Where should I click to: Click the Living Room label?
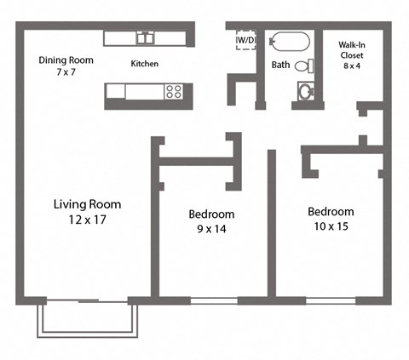click(87, 204)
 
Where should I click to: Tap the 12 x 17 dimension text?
click(87, 220)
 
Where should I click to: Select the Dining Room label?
click(66, 60)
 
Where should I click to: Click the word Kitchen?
click(144, 64)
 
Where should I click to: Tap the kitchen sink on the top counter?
click(146, 37)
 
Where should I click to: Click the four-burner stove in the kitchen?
click(175, 92)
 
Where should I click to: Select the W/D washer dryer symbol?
click(245, 40)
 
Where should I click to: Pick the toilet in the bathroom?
click(305, 90)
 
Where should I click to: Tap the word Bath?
click(280, 65)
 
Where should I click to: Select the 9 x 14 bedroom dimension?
click(211, 228)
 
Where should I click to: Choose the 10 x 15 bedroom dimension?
click(331, 226)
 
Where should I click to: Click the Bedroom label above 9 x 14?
click(211, 214)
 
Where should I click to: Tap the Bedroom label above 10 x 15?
click(331, 211)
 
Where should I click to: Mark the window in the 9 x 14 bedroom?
click(214, 300)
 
